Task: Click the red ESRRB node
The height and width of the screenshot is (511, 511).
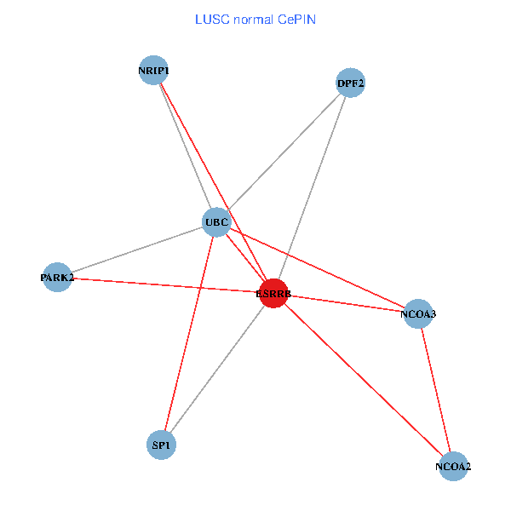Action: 273,294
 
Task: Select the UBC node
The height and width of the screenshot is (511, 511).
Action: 216,223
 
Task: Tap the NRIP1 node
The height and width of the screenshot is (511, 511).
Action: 154,71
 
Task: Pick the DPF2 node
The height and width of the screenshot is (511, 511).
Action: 351,83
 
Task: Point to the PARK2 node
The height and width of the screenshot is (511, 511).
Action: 57,278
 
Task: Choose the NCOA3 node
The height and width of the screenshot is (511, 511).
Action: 418,313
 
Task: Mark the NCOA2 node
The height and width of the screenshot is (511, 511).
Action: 453,466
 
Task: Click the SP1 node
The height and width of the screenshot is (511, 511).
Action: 161,445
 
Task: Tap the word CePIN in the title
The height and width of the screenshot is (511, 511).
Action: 296,19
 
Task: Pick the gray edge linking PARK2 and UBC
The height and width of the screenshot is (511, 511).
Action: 136,250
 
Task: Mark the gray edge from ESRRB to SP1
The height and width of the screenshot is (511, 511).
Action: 217,369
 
